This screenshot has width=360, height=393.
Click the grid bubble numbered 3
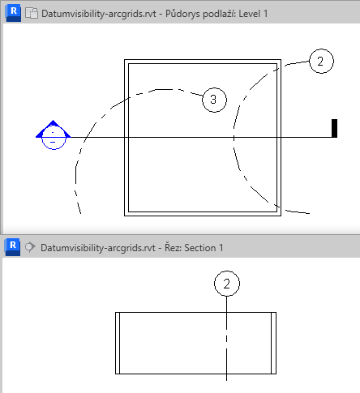[x=214, y=100]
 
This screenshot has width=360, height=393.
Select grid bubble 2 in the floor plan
[x=321, y=61]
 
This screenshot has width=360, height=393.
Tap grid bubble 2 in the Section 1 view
[x=227, y=284]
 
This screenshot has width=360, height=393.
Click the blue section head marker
[x=54, y=135]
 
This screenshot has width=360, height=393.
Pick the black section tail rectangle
[x=334, y=128]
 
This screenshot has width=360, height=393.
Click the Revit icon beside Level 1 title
[x=14, y=13]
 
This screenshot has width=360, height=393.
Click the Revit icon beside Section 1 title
[x=13, y=247]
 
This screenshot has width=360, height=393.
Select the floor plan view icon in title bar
[x=32, y=13]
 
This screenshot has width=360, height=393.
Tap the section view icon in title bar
[x=30, y=247]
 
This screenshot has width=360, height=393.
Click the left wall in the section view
[x=118, y=343]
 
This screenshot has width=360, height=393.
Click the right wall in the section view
[x=273, y=343]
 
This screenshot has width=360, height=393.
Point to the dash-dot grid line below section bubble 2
[x=226, y=339]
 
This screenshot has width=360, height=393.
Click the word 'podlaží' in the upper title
[x=219, y=14]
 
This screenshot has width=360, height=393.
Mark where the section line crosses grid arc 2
[x=234, y=138]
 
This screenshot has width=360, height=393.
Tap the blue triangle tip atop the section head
[x=53, y=121]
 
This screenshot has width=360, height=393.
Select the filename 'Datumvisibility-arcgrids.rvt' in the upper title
[x=99, y=14]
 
